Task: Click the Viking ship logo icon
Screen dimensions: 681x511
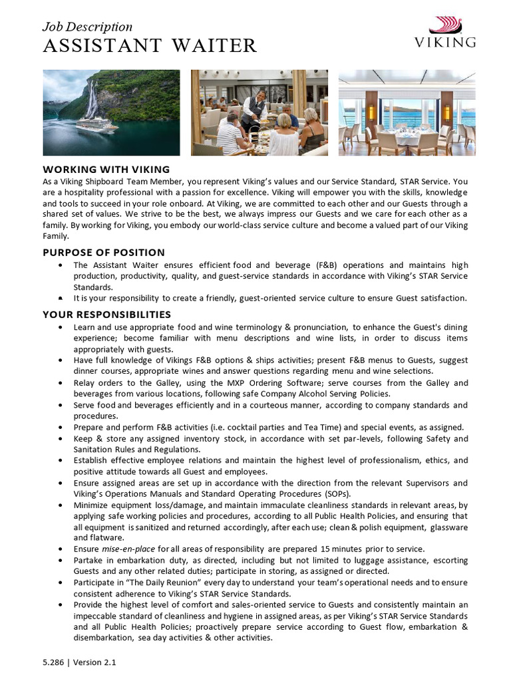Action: click(x=446, y=25)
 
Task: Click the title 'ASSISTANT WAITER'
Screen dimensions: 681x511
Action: click(x=150, y=46)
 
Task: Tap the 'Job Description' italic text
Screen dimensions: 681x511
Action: click(x=87, y=27)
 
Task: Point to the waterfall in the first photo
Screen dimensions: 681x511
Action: click(x=90, y=100)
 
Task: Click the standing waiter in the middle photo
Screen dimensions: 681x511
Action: click(x=254, y=110)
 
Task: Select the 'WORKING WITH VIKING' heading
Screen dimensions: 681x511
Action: click(x=106, y=170)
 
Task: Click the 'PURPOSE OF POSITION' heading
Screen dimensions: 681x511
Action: click(x=104, y=252)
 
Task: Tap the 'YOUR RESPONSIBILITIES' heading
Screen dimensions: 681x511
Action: click(x=106, y=314)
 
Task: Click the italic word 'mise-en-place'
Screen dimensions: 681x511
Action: click(x=126, y=549)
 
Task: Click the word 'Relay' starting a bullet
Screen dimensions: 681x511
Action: click(x=85, y=382)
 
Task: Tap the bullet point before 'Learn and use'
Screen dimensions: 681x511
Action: click(x=61, y=327)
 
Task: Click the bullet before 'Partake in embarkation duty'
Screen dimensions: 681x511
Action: click(x=61, y=560)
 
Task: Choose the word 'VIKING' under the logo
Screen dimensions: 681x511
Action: click(x=445, y=43)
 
